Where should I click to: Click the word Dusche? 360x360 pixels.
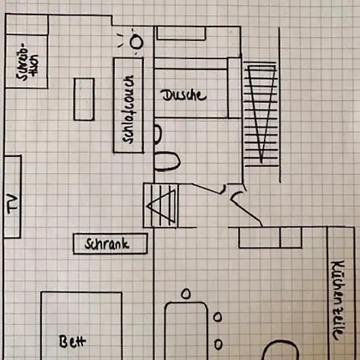point(183,95)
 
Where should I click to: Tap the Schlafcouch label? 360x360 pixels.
point(129,109)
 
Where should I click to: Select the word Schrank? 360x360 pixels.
point(107,244)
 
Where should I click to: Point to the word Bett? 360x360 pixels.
point(73,341)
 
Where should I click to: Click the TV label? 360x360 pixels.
point(12,203)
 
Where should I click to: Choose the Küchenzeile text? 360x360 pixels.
point(338,300)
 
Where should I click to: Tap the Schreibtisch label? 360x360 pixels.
point(27,62)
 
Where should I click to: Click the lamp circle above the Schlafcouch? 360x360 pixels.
point(136,42)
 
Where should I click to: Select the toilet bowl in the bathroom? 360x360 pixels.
point(167,161)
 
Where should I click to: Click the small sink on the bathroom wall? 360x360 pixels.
point(158,134)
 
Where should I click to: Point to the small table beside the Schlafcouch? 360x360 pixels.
point(84,99)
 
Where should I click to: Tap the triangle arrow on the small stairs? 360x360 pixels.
point(161,207)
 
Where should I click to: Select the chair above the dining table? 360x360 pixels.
point(186,294)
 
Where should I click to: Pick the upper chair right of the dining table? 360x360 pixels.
point(218,317)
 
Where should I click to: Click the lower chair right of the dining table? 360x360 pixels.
point(219,345)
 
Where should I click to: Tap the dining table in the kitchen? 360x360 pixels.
point(186,331)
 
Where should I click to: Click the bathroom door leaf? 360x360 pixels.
point(207,189)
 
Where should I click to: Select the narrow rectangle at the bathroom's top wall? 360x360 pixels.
point(181,33)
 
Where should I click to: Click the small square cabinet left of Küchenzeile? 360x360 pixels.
point(291,237)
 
